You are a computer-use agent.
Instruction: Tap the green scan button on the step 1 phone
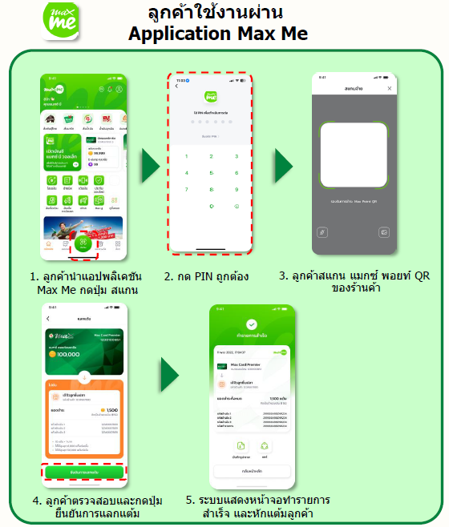click(83, 245)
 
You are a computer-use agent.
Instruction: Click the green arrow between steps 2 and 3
click(284, 166)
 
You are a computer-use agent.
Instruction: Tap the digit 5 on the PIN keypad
click(211, 172)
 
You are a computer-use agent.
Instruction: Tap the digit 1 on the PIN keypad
click(187, 155)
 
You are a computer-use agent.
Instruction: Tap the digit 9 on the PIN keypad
click(236, 190)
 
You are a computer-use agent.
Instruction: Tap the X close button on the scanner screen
click(390, 88)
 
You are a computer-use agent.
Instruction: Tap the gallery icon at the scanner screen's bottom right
click(384, 231)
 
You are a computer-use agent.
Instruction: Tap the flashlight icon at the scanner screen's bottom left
click(322, 231)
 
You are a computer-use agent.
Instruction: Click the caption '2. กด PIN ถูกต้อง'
click(207, 277)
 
